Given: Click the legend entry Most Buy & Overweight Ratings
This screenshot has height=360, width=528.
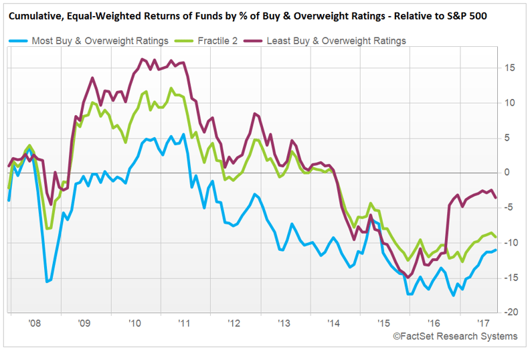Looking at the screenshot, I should pos(100,41).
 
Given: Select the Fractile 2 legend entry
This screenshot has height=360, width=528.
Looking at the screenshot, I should pos(219,41).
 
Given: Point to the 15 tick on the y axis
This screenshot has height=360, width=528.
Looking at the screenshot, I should pos(510,68).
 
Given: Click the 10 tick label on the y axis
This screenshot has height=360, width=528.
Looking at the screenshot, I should pos(510,102).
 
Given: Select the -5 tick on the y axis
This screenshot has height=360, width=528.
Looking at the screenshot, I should pos(509,207).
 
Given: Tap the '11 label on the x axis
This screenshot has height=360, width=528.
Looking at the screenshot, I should pos(183,322).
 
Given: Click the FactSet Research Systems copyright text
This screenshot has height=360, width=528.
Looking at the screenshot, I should pos(454,336).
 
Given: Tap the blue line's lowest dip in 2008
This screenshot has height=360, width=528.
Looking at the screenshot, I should pos(47,282).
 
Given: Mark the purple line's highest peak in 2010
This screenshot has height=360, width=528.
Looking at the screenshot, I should pos(143,60).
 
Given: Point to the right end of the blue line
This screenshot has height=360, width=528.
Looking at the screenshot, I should pos(496,250).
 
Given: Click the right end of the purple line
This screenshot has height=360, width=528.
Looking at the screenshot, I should pos(496,197).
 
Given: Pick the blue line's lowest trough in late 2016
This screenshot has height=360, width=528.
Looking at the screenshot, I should pos(454,295).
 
